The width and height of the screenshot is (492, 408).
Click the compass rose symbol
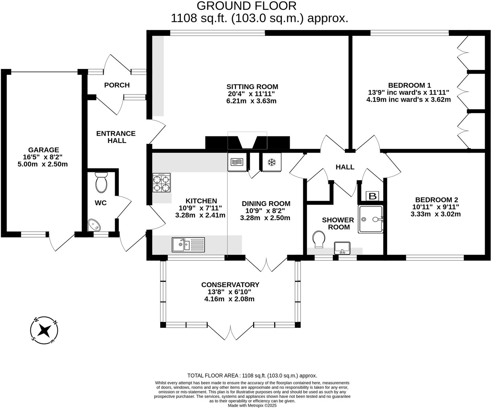[x=44, y=330]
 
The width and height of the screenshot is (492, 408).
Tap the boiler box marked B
[x=372, y=197]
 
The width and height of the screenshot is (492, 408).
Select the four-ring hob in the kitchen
[x=161, y=183]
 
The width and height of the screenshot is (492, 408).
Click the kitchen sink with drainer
[x=188, y=245]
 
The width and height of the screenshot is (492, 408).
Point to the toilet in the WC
[x=101, y=182]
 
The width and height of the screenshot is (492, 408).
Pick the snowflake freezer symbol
[x=272, y=163]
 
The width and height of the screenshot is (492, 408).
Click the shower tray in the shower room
[x=371, y=219]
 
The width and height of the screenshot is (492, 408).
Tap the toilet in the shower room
[x=319, y=240]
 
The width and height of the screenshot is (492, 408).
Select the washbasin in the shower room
[x=342, y=248]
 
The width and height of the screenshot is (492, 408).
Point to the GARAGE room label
[x=44, y=150]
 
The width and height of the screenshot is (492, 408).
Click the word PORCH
[x=117, y=85]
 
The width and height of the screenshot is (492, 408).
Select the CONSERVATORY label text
[x=230, y=285]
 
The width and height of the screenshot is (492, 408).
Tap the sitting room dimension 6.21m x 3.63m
[x=251, y=101]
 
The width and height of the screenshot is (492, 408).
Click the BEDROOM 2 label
[x=436, y=200]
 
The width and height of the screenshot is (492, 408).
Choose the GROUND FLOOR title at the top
[x=247, y=6]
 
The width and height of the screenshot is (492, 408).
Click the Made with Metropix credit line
[x=252, y=405]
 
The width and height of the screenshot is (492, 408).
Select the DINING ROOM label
[x=266, y=203]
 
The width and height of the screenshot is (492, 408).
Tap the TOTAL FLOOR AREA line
[x=252, y=376]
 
